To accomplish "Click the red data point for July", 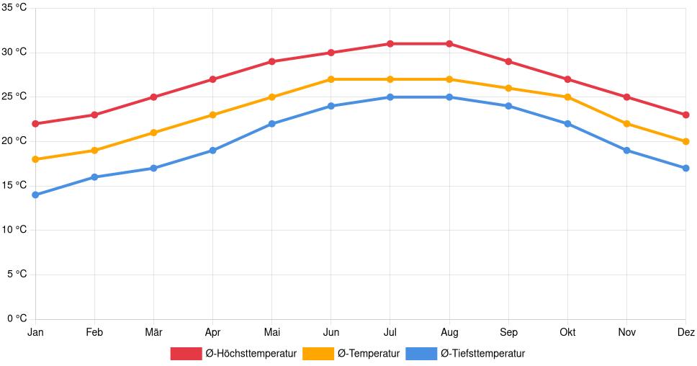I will coord(390,44).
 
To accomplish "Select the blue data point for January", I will coord(35,195).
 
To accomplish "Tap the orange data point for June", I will coord(330,79).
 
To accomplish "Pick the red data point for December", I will coord(685,115).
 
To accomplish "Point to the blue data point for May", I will coord(271,124).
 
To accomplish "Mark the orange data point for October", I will coord(567,97).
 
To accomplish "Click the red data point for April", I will coord(212,79).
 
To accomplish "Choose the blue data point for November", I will coord(626,151).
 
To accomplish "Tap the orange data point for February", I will coord(94,151).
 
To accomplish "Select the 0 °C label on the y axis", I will coord(17,318).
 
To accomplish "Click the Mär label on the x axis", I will coord(153,332).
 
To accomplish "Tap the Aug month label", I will coord(449,332).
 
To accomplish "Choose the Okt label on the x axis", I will coord(567,332).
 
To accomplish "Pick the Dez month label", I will coord(685,332).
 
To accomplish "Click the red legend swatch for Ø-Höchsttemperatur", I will coord(186,353).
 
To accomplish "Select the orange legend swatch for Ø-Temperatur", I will coord(318,353).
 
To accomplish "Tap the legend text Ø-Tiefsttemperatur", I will coord(482,353).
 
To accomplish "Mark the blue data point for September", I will coord(508,106).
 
